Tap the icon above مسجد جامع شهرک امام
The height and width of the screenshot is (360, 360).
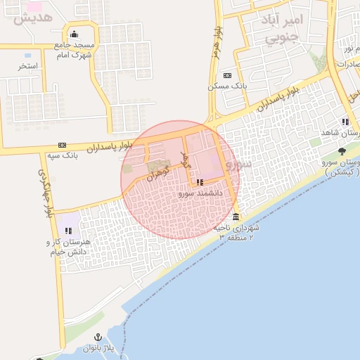tap(74, 34)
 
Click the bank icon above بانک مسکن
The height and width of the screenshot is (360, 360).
tap(226, 75)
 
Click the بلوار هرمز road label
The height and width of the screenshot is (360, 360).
tap(217, 43)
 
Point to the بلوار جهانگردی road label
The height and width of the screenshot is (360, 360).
tap(46, 191)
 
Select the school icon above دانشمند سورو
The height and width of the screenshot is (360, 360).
tap(200, 183)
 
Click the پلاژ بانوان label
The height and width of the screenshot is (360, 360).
tap(98, 348)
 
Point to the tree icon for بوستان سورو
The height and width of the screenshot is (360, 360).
tap(342, 151)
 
